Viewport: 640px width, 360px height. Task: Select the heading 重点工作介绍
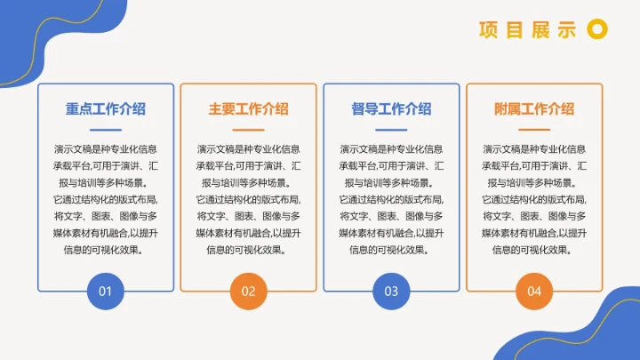(106, 108)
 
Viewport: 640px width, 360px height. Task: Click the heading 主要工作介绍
(248, 108)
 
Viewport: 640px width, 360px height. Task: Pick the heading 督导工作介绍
(391, 108)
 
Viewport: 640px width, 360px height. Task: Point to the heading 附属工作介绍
(534, 108)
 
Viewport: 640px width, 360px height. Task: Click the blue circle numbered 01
(105, 291)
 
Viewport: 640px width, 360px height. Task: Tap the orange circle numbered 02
(248, 291)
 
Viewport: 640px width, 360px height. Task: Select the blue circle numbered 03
(391, 291)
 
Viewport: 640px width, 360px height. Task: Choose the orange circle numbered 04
(534, 291)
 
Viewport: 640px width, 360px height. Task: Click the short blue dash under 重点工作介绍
(106, 131)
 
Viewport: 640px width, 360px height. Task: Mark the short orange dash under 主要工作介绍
(248, 131)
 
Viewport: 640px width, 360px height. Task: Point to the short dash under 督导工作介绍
(391, 131)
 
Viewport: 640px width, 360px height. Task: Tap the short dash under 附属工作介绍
(534, 131)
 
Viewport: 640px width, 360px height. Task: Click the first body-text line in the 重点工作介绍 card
(106, 148)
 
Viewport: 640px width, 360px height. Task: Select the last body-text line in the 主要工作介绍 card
(248, 250)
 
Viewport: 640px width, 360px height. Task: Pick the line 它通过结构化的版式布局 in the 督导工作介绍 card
(391, 199)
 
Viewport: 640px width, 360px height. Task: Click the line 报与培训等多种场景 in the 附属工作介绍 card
(534, 182)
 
